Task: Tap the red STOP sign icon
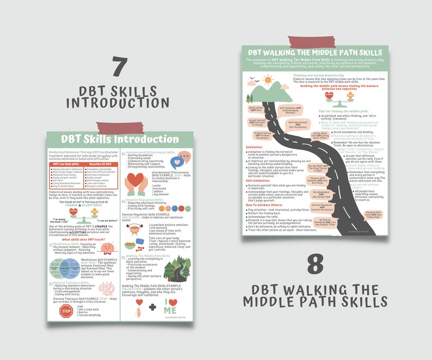tap(66, 312)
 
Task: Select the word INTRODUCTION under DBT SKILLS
tap(117, 102)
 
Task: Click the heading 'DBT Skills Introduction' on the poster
tap(112, 140)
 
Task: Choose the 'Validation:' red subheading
tap(255, 147)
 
